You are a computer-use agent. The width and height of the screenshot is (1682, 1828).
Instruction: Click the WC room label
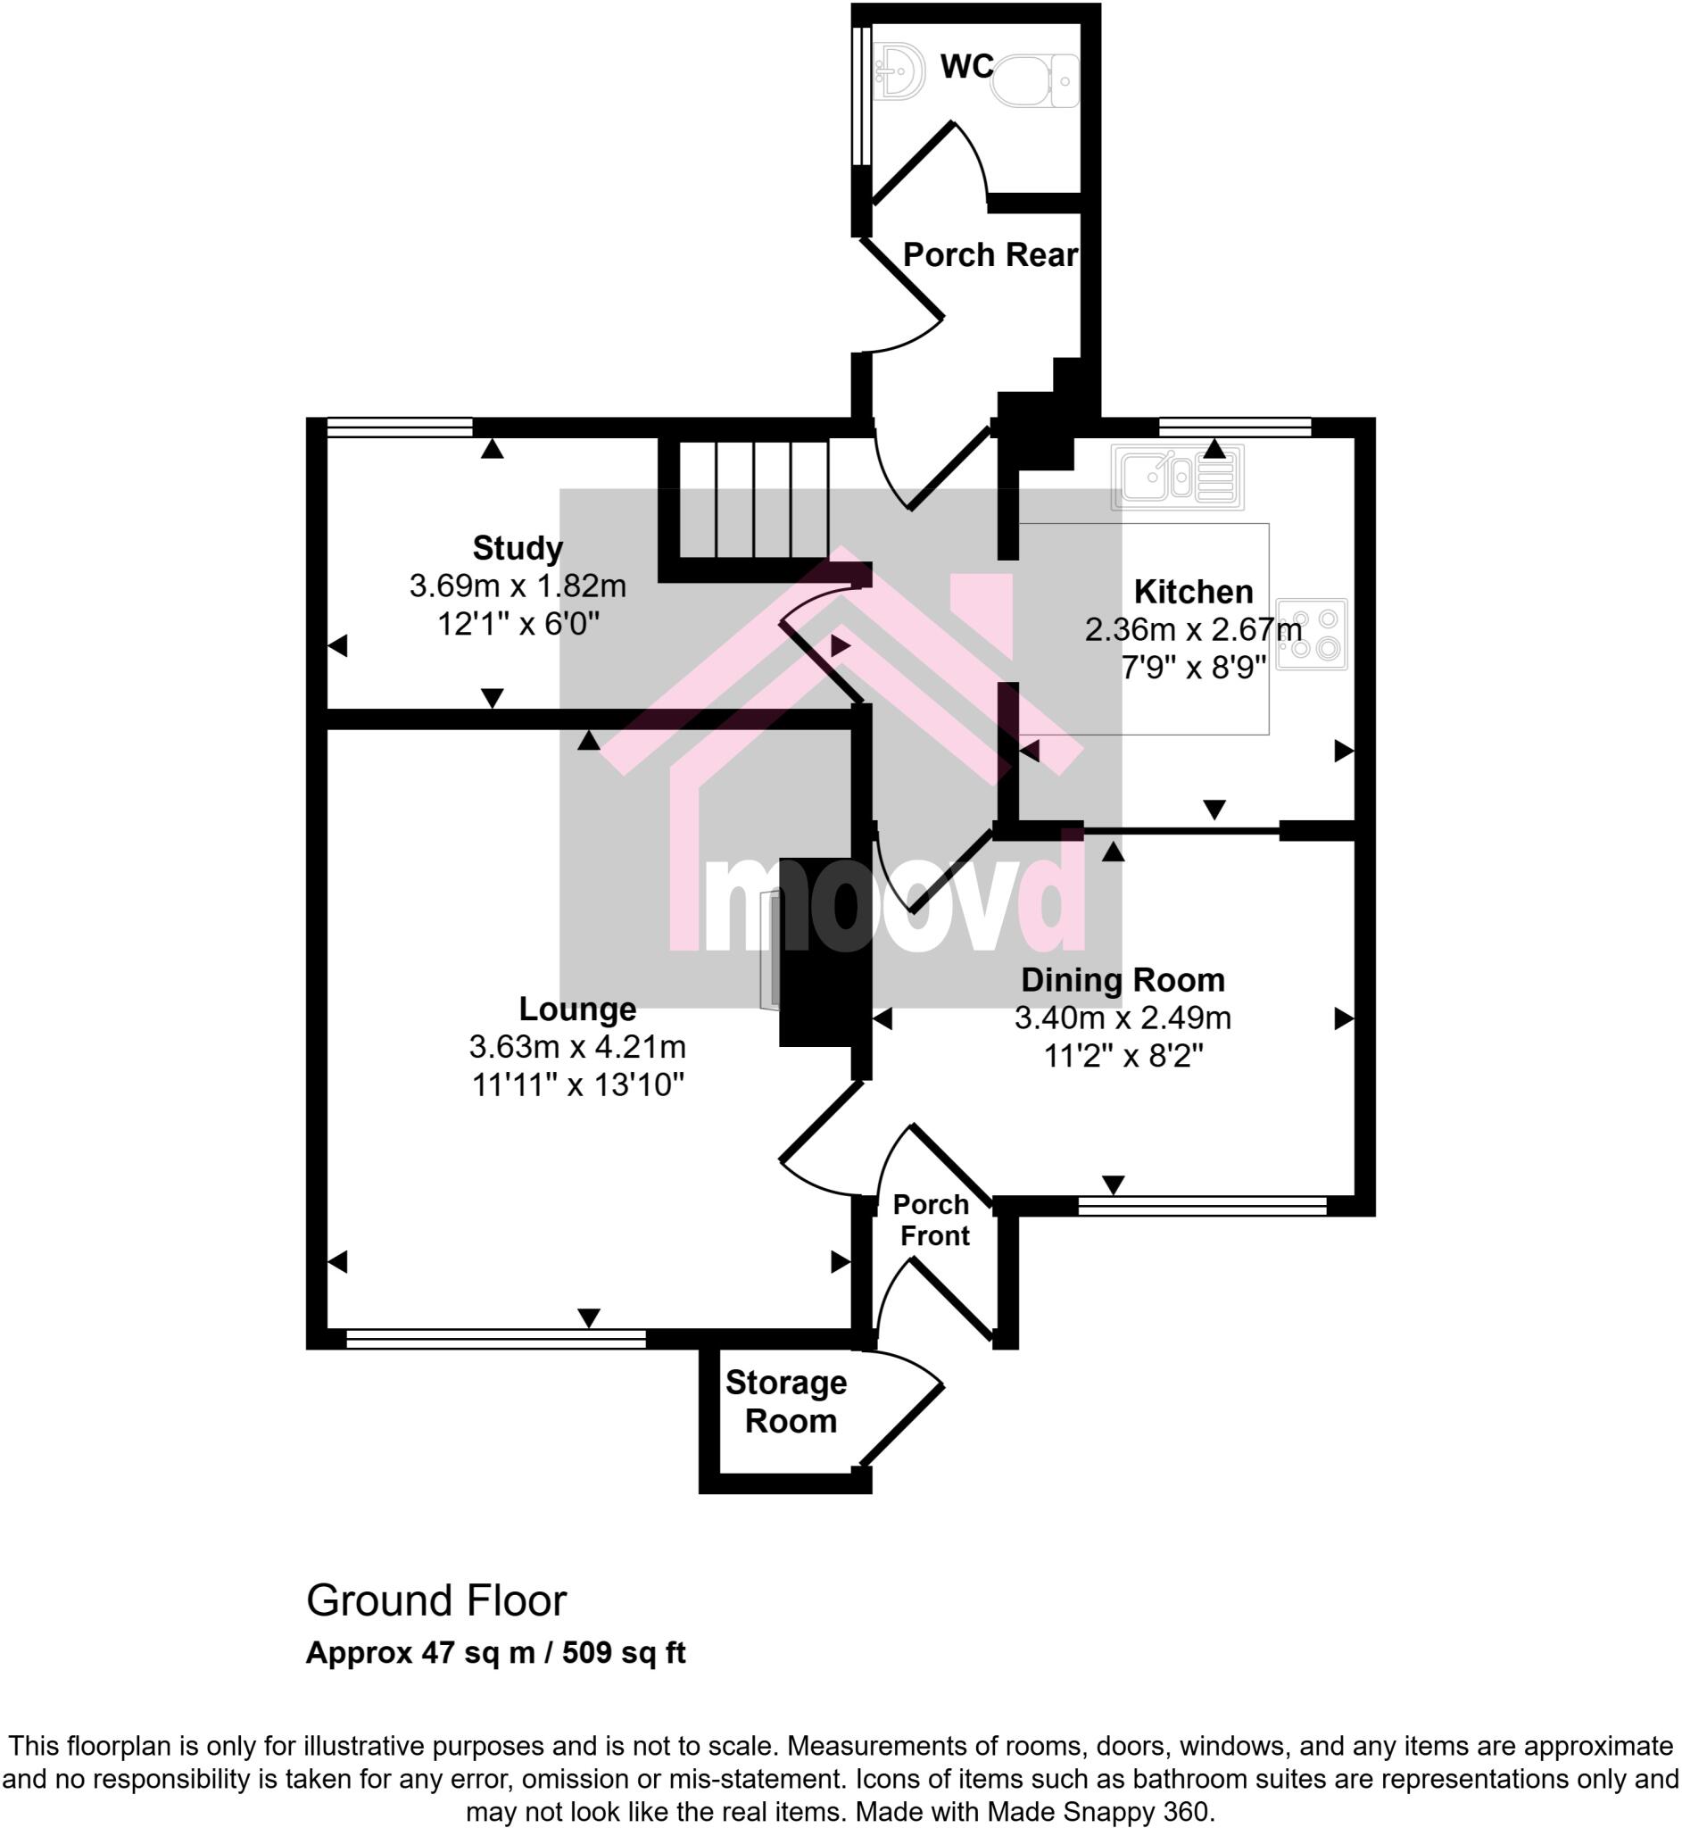[966, 66]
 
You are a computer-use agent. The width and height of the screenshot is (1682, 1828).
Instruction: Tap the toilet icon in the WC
[1033, 80]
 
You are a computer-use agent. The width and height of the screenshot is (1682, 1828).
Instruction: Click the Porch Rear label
[990, 255]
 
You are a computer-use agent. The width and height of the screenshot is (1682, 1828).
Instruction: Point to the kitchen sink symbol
[1177, 478]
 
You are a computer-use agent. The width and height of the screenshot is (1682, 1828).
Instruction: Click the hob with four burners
[1311, 635]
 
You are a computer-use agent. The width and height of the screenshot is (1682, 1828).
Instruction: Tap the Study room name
[517, 548]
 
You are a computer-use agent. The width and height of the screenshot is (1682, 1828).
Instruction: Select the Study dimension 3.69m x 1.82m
[517, 586]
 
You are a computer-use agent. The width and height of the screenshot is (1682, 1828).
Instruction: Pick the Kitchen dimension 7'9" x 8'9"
[1193, 669]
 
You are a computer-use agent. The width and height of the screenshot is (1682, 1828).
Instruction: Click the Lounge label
[577, 1009]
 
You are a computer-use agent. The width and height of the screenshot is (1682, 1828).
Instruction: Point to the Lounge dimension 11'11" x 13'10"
[577, 1085]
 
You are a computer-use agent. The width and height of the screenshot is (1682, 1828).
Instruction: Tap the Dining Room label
[1123, 979]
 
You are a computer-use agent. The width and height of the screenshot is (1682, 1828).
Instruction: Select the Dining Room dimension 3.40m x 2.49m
[1123, 1018]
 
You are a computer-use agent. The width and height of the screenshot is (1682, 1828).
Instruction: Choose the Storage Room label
[787, 1401]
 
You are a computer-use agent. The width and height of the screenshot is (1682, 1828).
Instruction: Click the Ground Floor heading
[436, 1600]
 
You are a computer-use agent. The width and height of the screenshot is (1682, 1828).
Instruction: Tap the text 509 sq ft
[624, 1652]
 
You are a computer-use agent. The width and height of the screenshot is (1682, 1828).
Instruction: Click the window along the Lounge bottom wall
[496, 1338]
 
